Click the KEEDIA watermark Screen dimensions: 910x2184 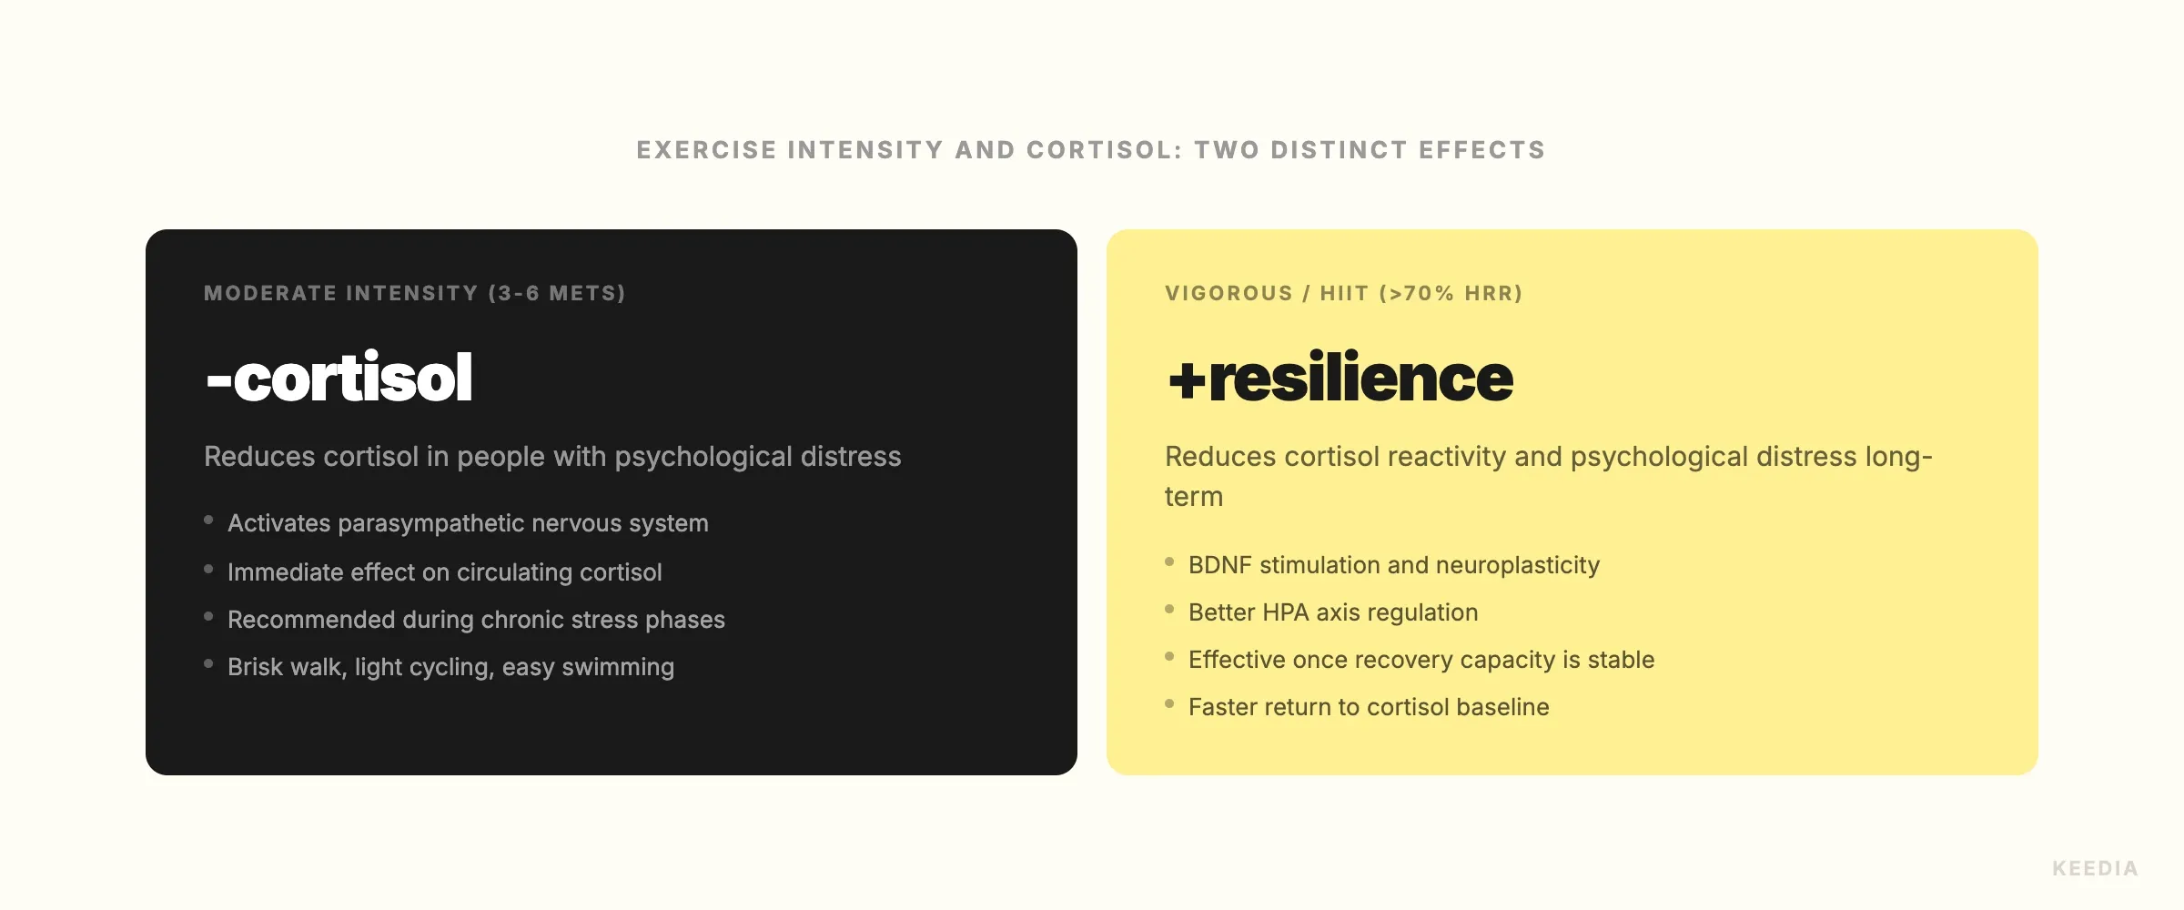pyautogui.click(x=2094, y=868)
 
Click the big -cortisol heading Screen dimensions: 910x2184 pyautogui.click(x=339, y=377)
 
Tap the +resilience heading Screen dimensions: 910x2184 pyautogui.click(x=1340, y=377)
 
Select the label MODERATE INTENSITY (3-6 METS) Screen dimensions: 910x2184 pyautogui.click(x=414, y=293)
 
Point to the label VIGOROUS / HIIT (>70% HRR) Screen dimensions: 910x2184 pyautogui.click(x=1343, y=293)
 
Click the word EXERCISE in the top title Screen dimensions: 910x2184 pyautogui.click(x=706, y=150)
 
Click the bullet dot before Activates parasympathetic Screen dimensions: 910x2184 pyautogui.click(x=208, y=521)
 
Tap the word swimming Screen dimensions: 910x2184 pyautogui.click(x=618, y=667)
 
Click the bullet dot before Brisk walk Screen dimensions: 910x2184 pyautogui.click(x=208, y=664)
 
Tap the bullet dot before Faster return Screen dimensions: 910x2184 pyautogui.click(x=1169, y=704)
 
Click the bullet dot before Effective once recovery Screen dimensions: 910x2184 pyautogui.click(x=1169, y=657)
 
